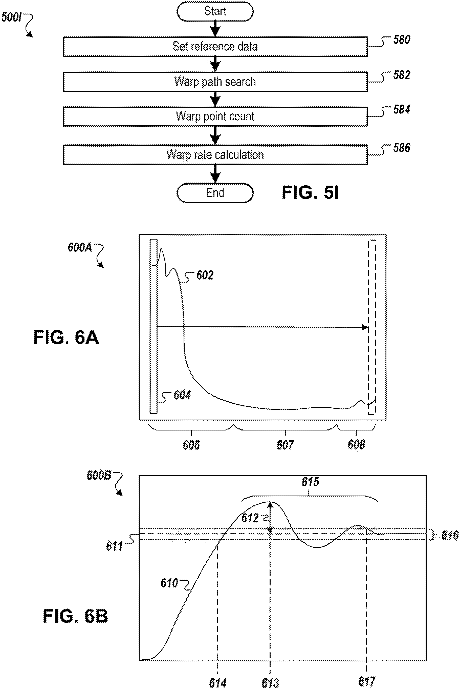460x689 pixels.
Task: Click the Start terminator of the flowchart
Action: tap(215, 11)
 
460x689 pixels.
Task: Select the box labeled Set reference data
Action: tap(215, 47)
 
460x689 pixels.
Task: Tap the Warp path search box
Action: tap(215, 82)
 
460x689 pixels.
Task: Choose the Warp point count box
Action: tap(215, 116)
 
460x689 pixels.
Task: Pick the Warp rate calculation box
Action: tap(215, 154)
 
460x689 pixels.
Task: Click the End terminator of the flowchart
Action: tap(215, 193)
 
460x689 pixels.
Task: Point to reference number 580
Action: tap(402, 40)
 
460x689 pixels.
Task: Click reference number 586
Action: tap(402, 148)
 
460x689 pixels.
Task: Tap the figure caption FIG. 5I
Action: tap(310, 193)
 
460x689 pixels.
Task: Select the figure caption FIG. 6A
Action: tap(66, 337)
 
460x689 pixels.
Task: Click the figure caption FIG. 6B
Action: tap(75, 616)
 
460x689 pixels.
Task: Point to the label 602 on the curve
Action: tap(205, 275)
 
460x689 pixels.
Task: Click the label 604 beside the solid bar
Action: tap(182, 395)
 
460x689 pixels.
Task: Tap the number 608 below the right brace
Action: tap(356, 445)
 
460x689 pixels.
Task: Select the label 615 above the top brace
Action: tap(310, 482)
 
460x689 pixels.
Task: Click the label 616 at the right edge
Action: tap(450, 536)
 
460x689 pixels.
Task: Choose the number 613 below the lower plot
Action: tap(270, 683)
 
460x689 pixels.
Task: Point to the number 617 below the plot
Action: tap(367, 681)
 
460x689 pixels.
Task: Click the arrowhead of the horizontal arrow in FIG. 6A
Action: tap(365, 327)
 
